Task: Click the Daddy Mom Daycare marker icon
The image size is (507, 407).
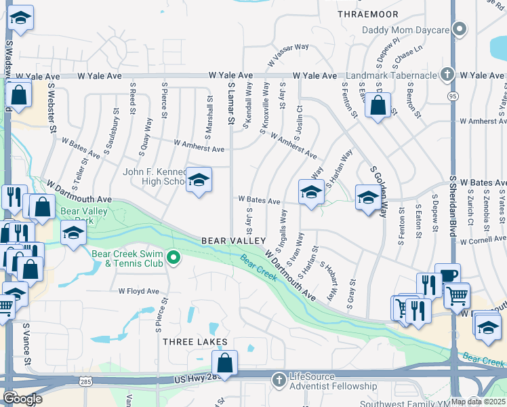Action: pos(460,30)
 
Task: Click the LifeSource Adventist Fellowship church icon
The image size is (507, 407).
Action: pos(278,379)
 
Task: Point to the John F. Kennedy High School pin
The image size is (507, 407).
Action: pos(199,180)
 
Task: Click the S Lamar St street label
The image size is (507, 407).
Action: pos(230,104)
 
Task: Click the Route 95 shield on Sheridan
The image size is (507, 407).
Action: pos(452,96)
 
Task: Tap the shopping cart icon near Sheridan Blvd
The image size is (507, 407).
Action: pos(457,294)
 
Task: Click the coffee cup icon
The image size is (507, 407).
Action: pos(447,274)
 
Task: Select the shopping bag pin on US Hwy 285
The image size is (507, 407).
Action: pos(224,362)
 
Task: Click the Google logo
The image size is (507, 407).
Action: pos(22,399)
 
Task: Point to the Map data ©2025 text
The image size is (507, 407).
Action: pos(478,402)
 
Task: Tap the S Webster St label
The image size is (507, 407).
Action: pos(51,109)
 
